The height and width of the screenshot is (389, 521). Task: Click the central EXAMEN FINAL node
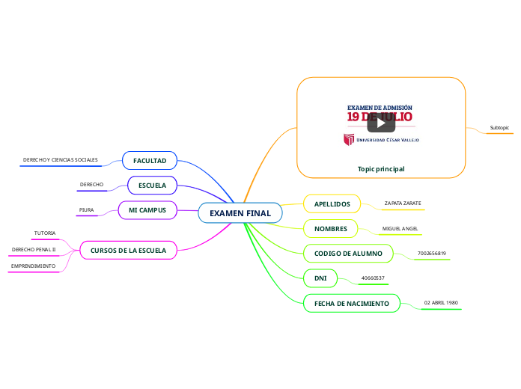click(x=240, y=213)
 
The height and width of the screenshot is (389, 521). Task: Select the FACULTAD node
click(x=150, y=161)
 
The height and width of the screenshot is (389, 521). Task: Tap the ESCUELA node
click(x=152, y=185)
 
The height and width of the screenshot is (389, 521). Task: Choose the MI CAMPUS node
click(x=147, y=210)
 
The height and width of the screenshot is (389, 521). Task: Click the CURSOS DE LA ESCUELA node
click(x=128, y=250)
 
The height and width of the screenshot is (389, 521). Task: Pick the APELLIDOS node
click(x=332, y=203)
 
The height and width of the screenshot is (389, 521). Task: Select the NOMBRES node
click(x=330, y=228)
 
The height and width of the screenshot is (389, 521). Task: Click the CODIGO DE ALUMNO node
click(x=348, y=254)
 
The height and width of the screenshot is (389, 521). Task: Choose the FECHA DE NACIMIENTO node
click(x=351, y=304)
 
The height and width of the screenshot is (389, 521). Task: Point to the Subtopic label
click(x=499, y=128)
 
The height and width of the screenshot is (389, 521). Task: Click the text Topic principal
click(x=381, y=169)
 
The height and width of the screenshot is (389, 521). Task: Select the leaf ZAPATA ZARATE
click(x=403, y=203)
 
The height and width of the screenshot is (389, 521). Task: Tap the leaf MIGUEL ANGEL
click(x=400, y=228)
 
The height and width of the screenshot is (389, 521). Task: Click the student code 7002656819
click(x=432, y=254)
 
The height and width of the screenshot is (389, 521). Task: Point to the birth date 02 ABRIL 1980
click(x=441, y=302)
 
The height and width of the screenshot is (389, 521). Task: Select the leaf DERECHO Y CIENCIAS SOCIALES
click(x=61, y=159)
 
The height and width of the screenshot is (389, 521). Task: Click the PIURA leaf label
click(x=87, y=210)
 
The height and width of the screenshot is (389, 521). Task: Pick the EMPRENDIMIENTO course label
click(x=33, y=266)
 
